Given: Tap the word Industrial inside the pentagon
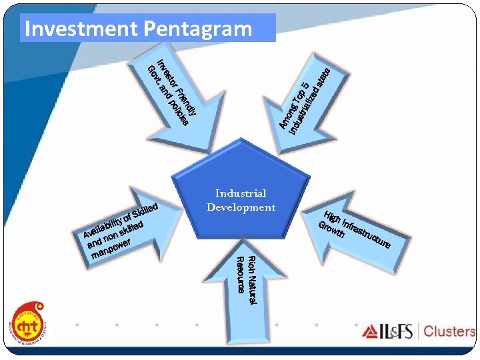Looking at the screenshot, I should pyautogui.click(x=241, y=193).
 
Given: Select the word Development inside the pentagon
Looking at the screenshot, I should pyautogui.click(x=241, y=207).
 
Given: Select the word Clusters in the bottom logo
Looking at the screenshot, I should pyautogui.click(x=449, y=331).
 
